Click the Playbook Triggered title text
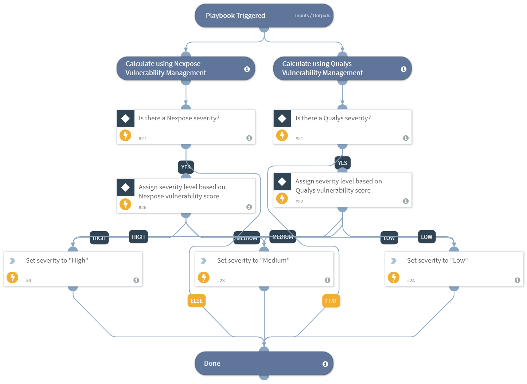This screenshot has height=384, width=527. coord(235,16)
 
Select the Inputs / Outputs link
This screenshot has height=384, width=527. coord(312,16)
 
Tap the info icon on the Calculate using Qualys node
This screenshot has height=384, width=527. coord(403,69)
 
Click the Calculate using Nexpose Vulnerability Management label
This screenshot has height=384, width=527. coord(165,68)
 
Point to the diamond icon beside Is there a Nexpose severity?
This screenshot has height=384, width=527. coord(125,119)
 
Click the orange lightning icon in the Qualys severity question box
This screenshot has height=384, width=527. coord(282,135)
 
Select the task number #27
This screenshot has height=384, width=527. coord(143,139)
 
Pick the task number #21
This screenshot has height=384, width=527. coord(299,139)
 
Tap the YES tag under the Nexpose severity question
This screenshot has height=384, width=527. coord(186,167)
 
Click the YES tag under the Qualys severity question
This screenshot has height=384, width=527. coord(343,163)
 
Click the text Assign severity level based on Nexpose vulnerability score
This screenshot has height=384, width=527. coord(181,191)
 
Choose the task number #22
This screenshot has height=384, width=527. coord(299,202)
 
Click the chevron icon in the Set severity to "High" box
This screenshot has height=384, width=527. coord(12,261)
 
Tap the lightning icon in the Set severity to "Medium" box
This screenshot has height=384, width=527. coord(204,278)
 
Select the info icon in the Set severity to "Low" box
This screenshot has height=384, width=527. coord(517,280)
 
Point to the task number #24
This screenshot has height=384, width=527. coord(411,281)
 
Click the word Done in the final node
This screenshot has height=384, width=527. coord(212,364)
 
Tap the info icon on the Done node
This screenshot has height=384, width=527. coord(325,364)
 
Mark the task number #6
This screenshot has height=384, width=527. coord(28,281)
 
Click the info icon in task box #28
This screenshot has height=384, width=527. coord(249,207)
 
